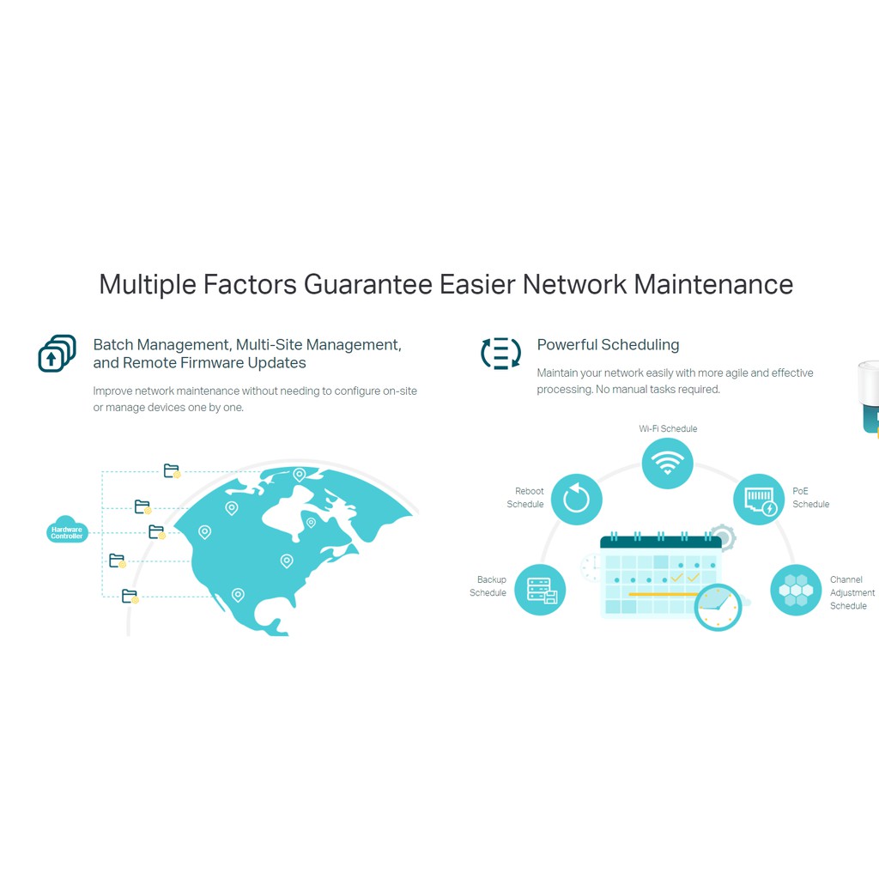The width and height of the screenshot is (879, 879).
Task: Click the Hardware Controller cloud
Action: coord(67,532)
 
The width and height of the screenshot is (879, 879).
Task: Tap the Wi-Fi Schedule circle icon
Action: coord(667,464)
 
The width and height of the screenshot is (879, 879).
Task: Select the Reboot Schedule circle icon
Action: coord(576,499)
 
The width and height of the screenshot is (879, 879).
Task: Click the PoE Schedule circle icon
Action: coord(759,499)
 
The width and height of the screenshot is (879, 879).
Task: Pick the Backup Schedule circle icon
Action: coord(540,589)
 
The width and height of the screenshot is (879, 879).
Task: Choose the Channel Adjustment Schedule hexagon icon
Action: coord(796,589)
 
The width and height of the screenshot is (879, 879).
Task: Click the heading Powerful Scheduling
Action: coord(608,345)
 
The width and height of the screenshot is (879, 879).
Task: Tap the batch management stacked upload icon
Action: coord(57,354)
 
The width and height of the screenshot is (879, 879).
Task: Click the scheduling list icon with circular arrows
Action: coord(500,353)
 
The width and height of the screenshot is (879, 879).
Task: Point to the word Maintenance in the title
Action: coord(713,284)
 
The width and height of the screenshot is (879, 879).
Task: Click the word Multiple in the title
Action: coord(147,284)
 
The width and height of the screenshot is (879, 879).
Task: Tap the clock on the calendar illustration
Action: coord(717,607)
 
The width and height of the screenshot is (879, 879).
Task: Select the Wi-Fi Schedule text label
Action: coord(668,429)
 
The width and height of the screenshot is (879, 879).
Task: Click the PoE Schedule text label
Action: coord(810,498)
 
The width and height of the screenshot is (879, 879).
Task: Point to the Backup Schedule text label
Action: coord(488,586)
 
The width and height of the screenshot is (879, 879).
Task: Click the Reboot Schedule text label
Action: coord(526,498)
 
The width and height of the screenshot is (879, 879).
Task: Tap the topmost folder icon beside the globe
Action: coord(172,470)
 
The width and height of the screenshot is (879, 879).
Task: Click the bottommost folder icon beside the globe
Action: coord(130,596)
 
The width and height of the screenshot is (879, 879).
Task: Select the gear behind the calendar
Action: coord(724,538)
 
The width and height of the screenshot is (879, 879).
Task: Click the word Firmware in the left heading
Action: coord(213,363)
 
